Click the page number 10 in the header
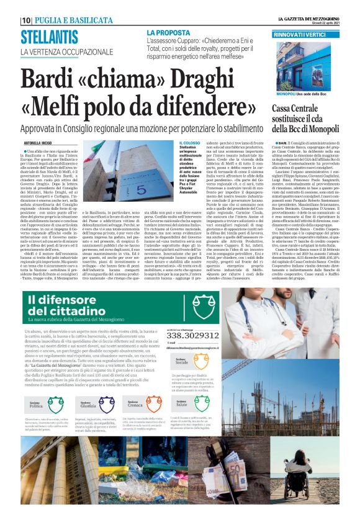click(x=26, y=20)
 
